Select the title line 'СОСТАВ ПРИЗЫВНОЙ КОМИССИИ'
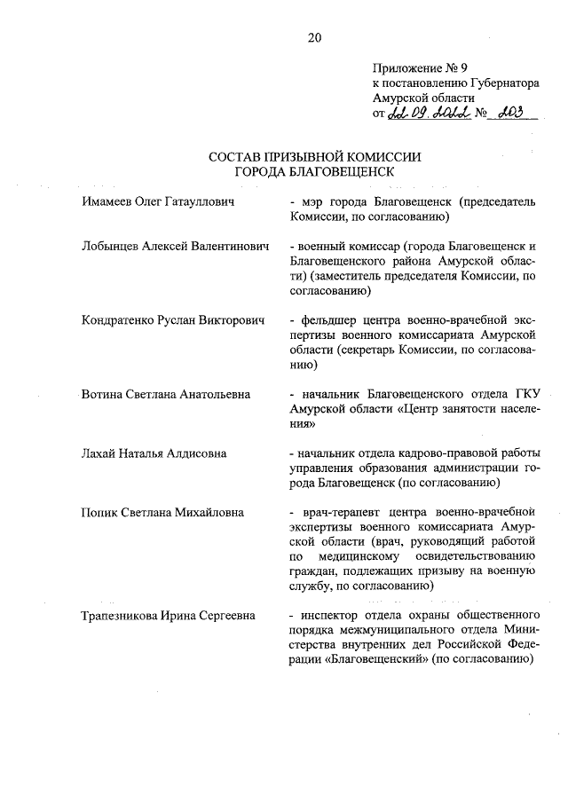click(x=314, y=156)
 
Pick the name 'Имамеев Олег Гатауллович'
click(x=157, y=202)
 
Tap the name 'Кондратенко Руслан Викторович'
click(x=173, y=319)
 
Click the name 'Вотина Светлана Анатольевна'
click(x=164, y=393)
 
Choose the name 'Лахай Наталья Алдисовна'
click(x=154, y=453)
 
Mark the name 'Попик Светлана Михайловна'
click(x=162, y=512)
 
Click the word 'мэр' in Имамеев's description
click(x=313, y=202)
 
